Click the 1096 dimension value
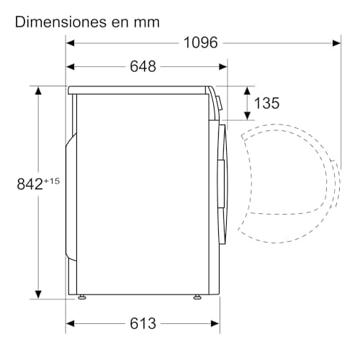pyautogui.click(x=200, y=42)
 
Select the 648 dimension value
pyautogui.click(x=143, y=67)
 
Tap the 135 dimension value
pyautogui.click(x=266, y=103)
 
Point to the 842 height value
pyautogui.click(x=29, y=184)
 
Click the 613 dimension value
pyautogui.click(x=143, y=323)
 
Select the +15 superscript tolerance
pyautogui.click(x=51, y=180)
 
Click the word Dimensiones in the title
pyautogui.click(x=59, y=22)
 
